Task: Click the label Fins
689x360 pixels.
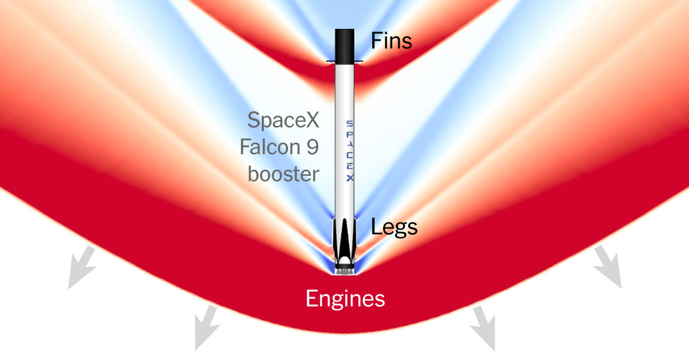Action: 392,41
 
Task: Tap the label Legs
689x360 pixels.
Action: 394,228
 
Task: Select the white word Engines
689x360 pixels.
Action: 345,300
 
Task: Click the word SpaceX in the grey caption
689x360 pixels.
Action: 283,120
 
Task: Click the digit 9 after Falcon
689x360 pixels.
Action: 312,147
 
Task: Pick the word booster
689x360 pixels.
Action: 283,174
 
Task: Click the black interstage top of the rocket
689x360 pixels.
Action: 344,46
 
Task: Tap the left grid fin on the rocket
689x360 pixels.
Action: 331,62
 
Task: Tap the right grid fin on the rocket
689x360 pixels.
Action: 358,62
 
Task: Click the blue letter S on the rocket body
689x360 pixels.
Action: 349,124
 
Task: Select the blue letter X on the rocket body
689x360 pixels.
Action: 349,178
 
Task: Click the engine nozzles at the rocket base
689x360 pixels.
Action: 345,271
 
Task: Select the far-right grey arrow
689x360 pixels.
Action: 608,267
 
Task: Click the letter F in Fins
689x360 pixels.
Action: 376,41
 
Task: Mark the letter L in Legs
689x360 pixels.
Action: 376,226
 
